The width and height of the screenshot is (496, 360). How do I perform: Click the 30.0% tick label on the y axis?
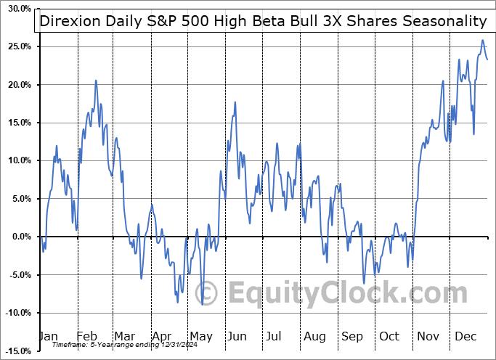15,9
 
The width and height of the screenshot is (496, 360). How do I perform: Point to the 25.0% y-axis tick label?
15,46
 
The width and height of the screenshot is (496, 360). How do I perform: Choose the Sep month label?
351,336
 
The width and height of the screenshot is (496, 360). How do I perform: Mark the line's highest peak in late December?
483,41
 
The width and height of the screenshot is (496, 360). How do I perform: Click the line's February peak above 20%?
96,81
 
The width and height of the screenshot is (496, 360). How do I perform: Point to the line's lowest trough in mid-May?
203,304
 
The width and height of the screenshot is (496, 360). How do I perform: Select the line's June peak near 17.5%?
235,103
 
